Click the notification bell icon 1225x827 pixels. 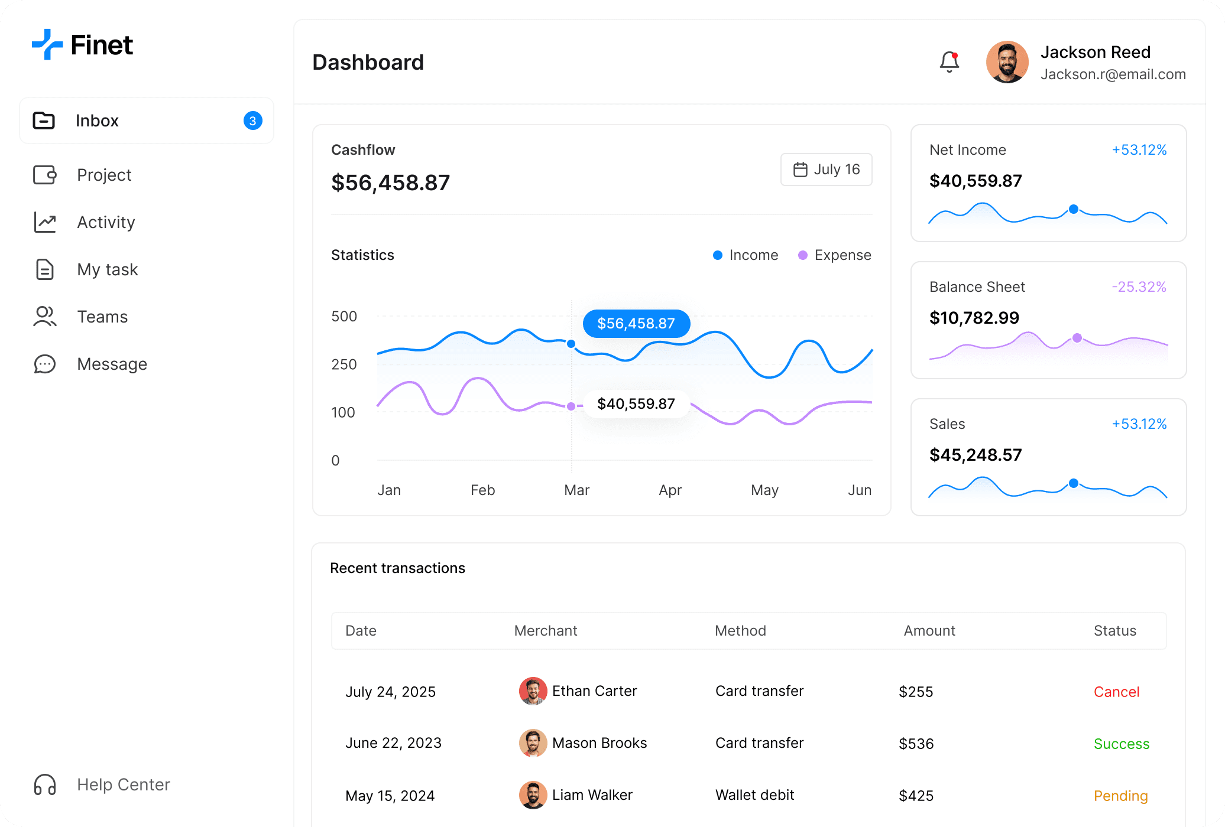[x=949, y=61]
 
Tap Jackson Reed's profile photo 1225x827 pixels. [x=1007, y=62]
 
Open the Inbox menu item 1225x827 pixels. [x=98, y=121]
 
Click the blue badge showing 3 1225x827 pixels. [x=252, y=121]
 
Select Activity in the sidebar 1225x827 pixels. [x=106, y=222]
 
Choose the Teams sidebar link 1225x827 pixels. [x=102, y=317]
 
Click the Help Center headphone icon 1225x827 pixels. [x=45, y=784]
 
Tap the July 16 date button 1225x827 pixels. [x=826, y=170]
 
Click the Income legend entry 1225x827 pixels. [x=746, y=255]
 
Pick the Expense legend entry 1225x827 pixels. [x=835, y=255]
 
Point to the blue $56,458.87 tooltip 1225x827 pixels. [x=636, y=324]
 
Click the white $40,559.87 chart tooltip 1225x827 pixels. [x=636, y=404]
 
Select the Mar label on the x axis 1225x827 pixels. [x=576, y=490]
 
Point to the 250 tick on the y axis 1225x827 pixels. [x=344, y=364]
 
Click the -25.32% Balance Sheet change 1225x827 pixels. [x=1139, y=287]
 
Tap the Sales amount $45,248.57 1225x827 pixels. [x=976, y=455]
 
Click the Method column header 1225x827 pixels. [x=740, y=631]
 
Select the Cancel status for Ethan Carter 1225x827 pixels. [x=1116, y=692]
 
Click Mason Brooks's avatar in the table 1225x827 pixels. [x=533, y=743]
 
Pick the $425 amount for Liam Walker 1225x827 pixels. [x=916, y=796]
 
